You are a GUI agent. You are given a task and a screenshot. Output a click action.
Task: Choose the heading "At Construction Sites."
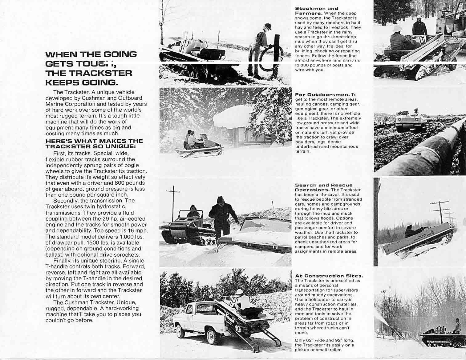(329, 276)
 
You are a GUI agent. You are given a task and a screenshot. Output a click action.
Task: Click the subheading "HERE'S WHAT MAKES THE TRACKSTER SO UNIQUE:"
(94, 143)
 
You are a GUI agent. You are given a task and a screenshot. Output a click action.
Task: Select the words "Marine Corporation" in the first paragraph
(66, 104)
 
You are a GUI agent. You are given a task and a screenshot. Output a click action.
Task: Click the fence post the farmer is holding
(276, 55)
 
